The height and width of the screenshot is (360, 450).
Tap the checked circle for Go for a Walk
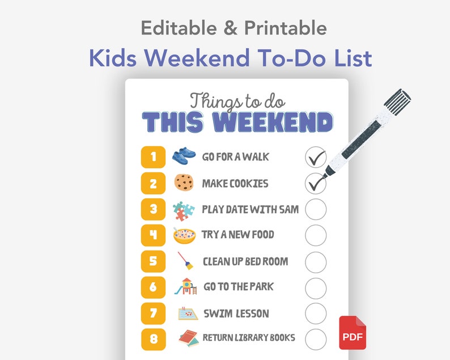coord(316,157)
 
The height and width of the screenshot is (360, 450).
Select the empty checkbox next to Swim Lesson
coord(316,314)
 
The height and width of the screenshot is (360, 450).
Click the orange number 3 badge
coord(153,209)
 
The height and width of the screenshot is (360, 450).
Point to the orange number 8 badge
coord(153,338)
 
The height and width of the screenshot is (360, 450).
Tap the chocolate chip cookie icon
coord(184,183)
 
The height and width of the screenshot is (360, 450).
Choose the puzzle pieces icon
coord(184,210)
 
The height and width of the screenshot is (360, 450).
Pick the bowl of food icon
coord(184,235)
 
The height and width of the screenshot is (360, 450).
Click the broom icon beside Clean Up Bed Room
coord(185,261)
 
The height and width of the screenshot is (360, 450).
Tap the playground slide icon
coord(185,286)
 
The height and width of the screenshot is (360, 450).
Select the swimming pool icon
coord(188,313)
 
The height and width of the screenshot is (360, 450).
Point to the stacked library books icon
coord(188,338)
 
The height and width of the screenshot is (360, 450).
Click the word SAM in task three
coord(288,209)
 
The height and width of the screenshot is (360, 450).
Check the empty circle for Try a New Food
coord(316,235)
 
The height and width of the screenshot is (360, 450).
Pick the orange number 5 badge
coord(153,261)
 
